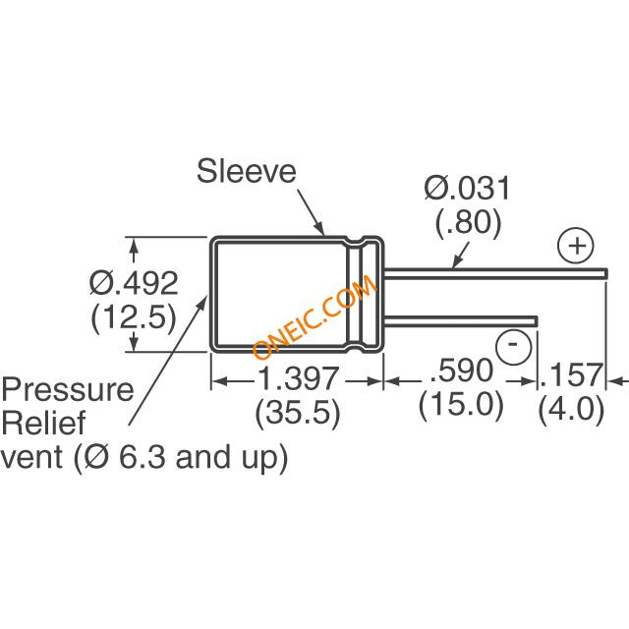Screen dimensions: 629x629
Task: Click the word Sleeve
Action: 247,172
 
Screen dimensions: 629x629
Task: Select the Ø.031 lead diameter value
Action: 467,187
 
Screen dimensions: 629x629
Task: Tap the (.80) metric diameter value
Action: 468,225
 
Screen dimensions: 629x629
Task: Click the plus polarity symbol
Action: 576,245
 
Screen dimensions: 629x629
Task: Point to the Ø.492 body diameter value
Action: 134,283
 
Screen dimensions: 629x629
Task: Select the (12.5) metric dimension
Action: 134,318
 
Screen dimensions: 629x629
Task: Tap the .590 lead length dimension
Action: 460,372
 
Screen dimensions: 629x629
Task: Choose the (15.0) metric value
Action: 460,405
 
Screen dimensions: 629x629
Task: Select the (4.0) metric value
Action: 572,409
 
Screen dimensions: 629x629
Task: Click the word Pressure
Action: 67,389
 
